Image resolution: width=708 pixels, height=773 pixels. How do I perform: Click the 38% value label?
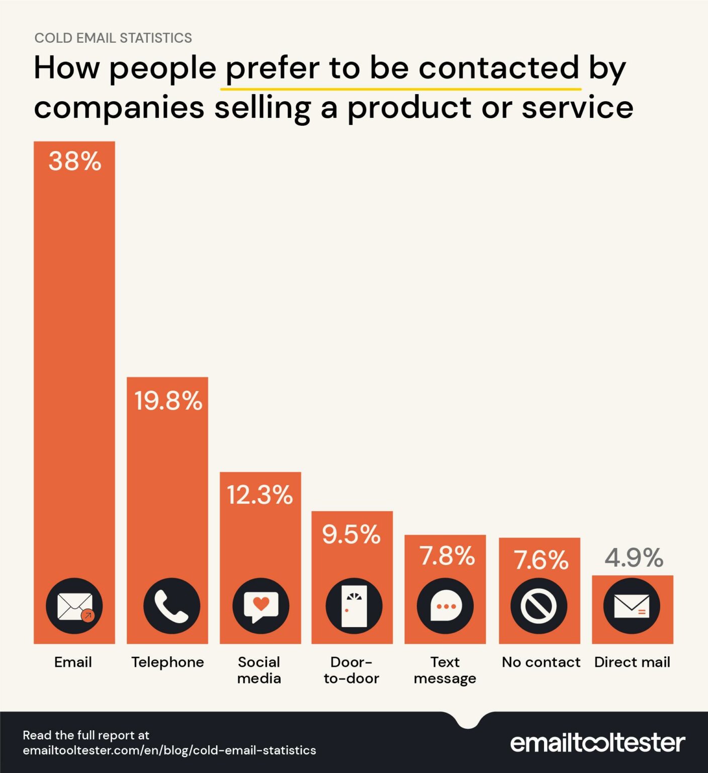(75, 162)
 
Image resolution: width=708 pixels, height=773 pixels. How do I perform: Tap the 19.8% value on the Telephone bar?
(168, 401)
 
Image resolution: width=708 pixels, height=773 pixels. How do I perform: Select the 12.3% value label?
(259, 495)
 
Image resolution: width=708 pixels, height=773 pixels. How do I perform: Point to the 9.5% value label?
(351, 534)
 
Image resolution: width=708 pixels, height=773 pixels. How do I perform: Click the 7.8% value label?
(447, 556)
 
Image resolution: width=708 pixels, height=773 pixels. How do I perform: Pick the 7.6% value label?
(541, 560)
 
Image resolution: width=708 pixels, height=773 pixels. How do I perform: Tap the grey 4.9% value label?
(634, 558)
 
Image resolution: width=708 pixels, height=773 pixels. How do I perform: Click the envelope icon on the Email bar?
(74, 606)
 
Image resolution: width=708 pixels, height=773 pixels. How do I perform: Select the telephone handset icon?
(171, 606)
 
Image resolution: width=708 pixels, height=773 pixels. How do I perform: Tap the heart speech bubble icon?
(260, 606)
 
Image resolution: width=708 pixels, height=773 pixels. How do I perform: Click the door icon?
(354, 606)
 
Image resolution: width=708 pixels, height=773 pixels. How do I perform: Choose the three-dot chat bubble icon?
(446, 606)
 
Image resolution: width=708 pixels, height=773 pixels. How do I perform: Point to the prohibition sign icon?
(539, 606)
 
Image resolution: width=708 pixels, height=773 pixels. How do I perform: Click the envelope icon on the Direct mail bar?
(632, 606)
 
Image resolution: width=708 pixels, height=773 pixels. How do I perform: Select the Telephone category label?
(167, 662)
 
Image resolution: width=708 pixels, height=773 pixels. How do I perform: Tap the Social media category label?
(259, 670)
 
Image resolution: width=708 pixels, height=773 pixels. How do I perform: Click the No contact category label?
(541, 662)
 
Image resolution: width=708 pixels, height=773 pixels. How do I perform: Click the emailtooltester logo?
(597, 743)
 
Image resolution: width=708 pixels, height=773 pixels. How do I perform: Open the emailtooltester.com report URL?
(169, 750)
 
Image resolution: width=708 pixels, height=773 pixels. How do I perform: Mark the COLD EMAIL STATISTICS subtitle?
(113, 38)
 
